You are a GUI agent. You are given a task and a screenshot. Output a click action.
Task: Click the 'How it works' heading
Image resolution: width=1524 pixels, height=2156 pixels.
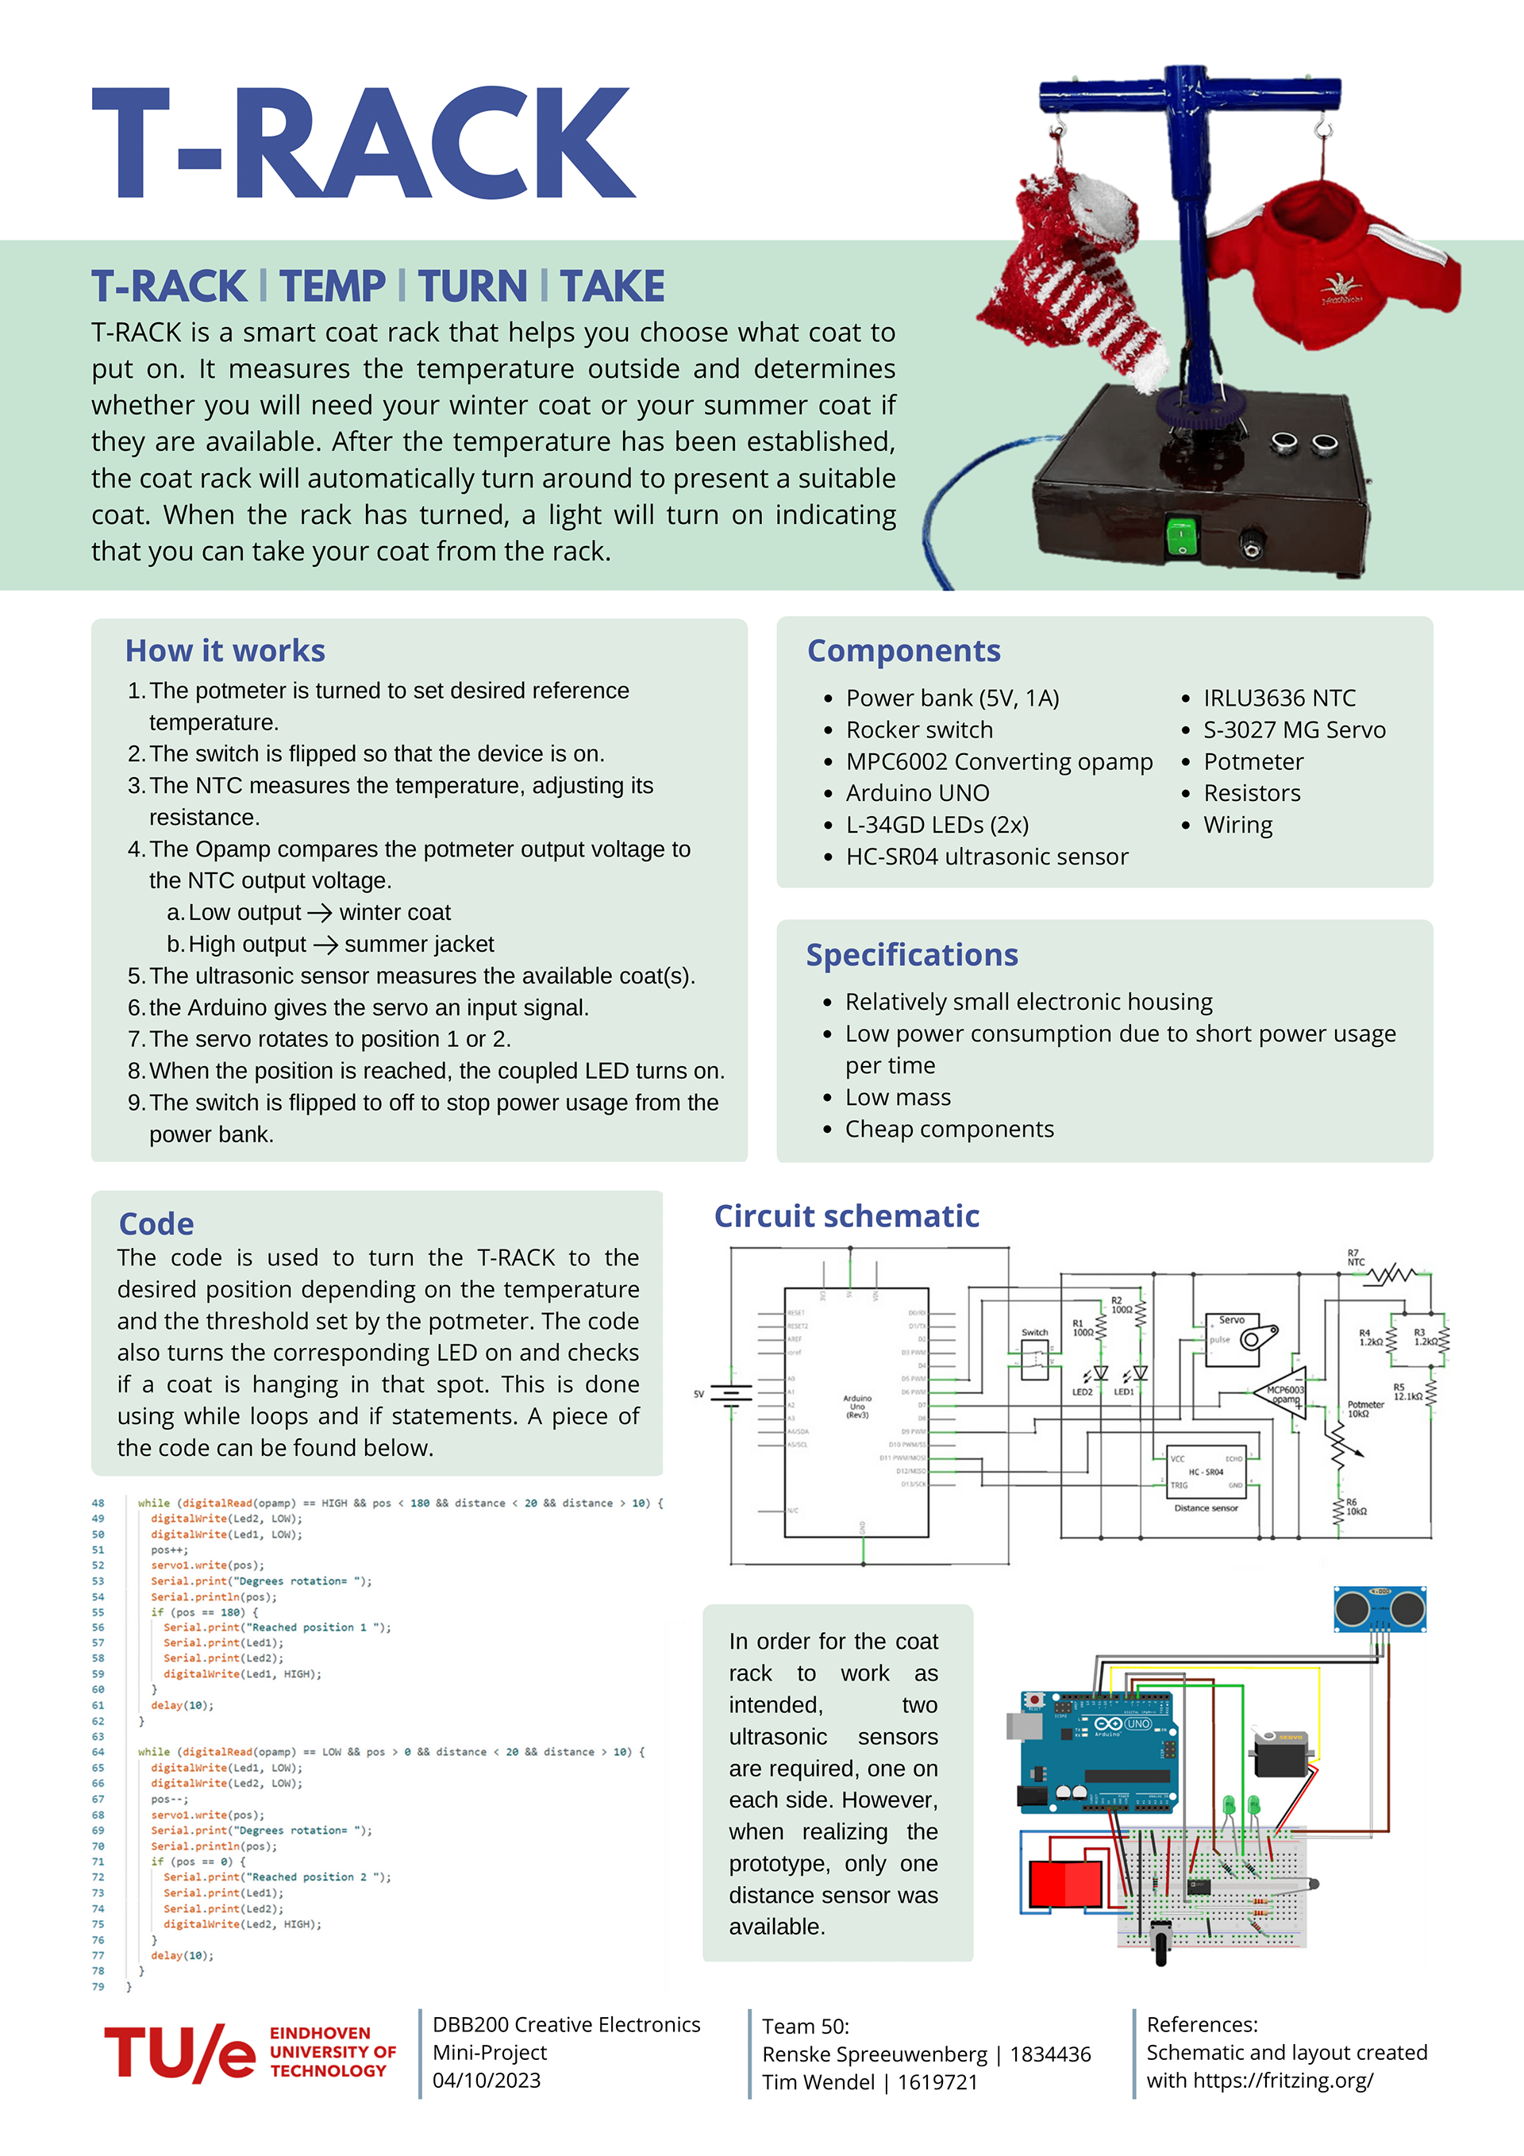click(225, 651)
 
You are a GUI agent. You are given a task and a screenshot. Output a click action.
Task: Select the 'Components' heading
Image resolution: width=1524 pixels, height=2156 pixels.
click(903, 651)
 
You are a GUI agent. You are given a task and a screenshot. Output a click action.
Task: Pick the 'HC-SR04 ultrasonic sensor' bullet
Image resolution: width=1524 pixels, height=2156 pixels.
click(986, 857)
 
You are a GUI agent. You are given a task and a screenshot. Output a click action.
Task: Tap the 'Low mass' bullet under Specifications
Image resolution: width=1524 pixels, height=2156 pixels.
click(898, 1098)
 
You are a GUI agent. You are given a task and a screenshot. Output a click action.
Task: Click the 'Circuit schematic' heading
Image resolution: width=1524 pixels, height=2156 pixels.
click(846, 1216)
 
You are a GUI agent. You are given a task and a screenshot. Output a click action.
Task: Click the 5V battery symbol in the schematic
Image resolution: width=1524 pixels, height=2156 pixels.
click(730, 1395)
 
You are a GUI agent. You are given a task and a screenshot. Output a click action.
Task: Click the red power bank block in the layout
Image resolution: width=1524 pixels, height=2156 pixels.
click(1065, 1882)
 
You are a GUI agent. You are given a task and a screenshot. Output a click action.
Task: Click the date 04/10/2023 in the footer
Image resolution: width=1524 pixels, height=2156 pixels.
click(487, 2081)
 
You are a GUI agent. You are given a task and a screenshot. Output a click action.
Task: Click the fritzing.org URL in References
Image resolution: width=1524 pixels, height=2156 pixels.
click(1283, 2081)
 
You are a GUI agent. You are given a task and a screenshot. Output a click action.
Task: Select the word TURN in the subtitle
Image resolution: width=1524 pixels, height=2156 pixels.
click(472, 287)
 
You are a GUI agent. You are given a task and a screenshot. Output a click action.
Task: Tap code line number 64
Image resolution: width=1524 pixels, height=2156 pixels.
click(98, 1752)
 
